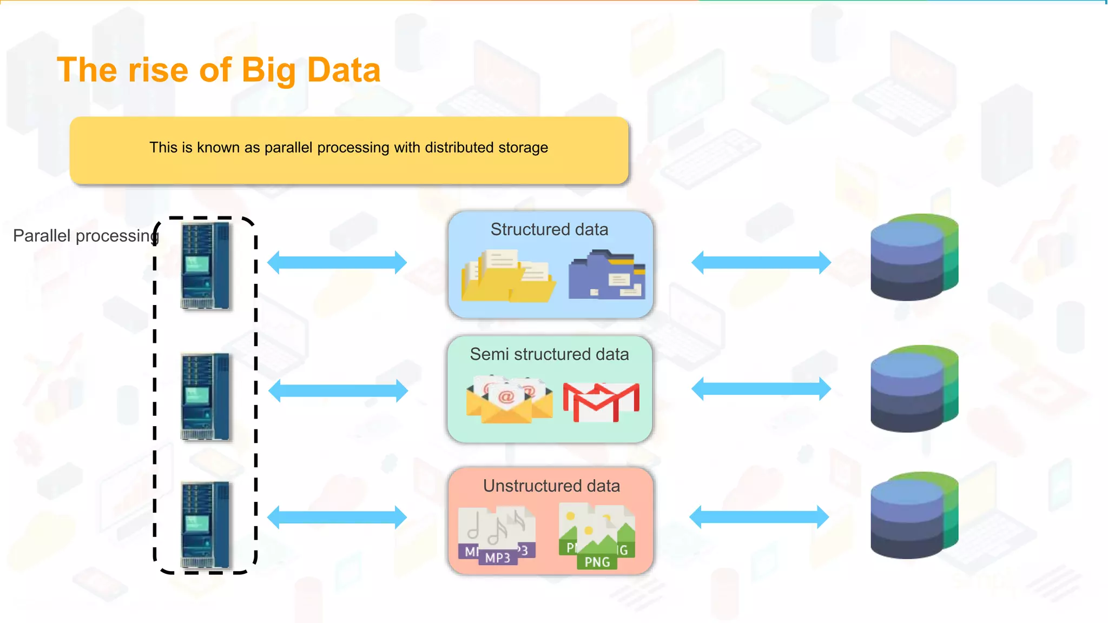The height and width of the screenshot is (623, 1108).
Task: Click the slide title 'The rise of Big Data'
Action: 219,70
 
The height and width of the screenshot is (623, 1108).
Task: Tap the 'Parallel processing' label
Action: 85,236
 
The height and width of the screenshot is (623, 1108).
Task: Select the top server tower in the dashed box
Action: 206,266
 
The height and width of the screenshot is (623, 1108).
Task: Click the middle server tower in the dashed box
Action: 206,396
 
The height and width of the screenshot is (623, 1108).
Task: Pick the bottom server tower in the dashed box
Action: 206,525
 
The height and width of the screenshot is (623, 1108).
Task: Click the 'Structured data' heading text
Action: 549,229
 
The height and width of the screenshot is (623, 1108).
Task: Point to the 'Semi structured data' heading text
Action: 549,354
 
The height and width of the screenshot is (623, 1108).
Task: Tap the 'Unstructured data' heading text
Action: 551,486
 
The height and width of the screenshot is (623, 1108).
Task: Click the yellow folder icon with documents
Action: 507,276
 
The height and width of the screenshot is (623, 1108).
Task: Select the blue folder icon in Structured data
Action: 606,275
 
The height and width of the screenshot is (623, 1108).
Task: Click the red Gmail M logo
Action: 601,402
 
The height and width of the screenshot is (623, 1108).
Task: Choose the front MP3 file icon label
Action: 498,558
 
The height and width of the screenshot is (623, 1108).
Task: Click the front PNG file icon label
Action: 597,562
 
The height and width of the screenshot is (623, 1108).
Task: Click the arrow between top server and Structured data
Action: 337,263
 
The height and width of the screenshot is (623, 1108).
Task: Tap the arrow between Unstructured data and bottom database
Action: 759,517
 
